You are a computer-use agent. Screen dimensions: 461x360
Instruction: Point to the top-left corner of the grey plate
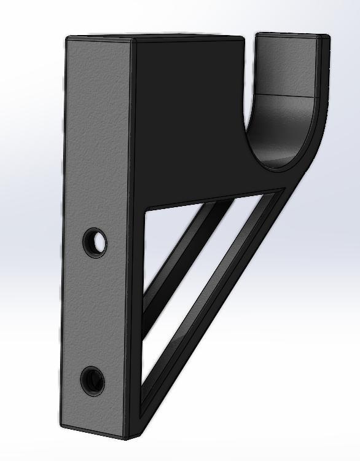67,38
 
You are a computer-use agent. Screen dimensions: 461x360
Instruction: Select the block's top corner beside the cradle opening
244,38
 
